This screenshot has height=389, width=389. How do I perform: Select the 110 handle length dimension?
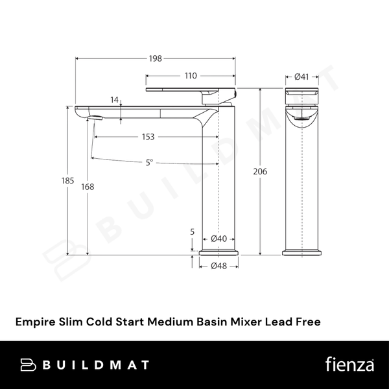tap(190, 76)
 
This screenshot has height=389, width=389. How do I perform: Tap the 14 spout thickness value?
tap(115, 100)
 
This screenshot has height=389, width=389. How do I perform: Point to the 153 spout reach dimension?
tap(148, 137)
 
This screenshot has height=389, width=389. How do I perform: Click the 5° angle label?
tap(150, 163)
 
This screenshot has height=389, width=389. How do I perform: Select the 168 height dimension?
tap(88, 187)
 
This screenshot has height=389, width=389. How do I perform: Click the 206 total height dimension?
tap(260, 171)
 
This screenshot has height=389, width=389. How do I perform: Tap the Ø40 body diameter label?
tap(219, 239)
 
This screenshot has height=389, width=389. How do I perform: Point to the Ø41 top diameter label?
tap(301, 77)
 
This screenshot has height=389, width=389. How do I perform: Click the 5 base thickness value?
tap(193, 231)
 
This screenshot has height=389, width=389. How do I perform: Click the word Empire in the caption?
tap(34, 320)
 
